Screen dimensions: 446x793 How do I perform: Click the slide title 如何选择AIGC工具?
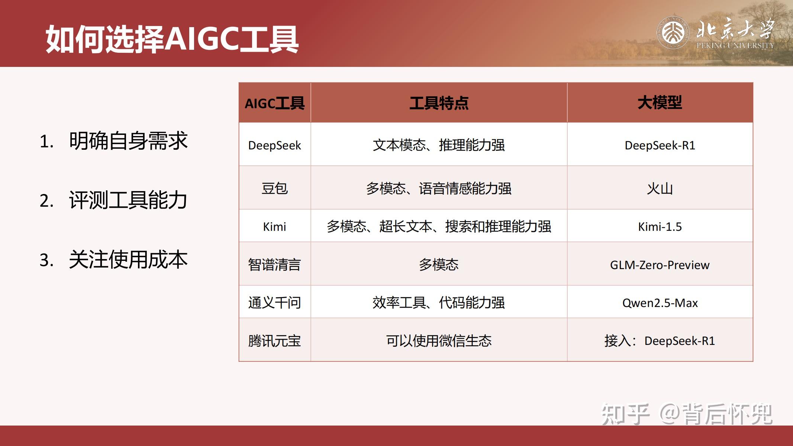(x=172, y=39)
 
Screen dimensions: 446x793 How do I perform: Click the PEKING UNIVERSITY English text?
(x=735, y=46)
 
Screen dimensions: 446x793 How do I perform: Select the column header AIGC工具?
(x=274, y=103)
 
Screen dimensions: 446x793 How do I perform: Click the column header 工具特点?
(x=439, y=103)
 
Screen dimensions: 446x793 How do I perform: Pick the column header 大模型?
(x=660, y=103)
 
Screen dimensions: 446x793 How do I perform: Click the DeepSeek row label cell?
(x=274, y=145)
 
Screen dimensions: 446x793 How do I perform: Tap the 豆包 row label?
(x=274, y=188)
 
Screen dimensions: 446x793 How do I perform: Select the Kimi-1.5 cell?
(x=660, y=227)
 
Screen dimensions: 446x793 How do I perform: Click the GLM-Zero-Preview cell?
(x=660, y=265)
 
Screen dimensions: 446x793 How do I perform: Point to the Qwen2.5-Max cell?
(x=660, y=303)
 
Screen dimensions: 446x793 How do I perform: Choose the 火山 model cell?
(x=660, y=188)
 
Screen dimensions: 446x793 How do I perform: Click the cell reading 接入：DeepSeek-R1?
(x=660, y=341)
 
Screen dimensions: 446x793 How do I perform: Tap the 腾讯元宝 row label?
(x=274, y=341)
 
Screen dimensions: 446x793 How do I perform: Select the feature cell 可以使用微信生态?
(x=439, y=341)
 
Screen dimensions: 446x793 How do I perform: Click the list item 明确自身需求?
(x=128, y=141)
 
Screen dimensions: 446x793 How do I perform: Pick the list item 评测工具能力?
(x=128, y=200)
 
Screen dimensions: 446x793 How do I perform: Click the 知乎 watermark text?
(x=625, y=414)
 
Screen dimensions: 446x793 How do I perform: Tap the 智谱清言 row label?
(x=274, y=265)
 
